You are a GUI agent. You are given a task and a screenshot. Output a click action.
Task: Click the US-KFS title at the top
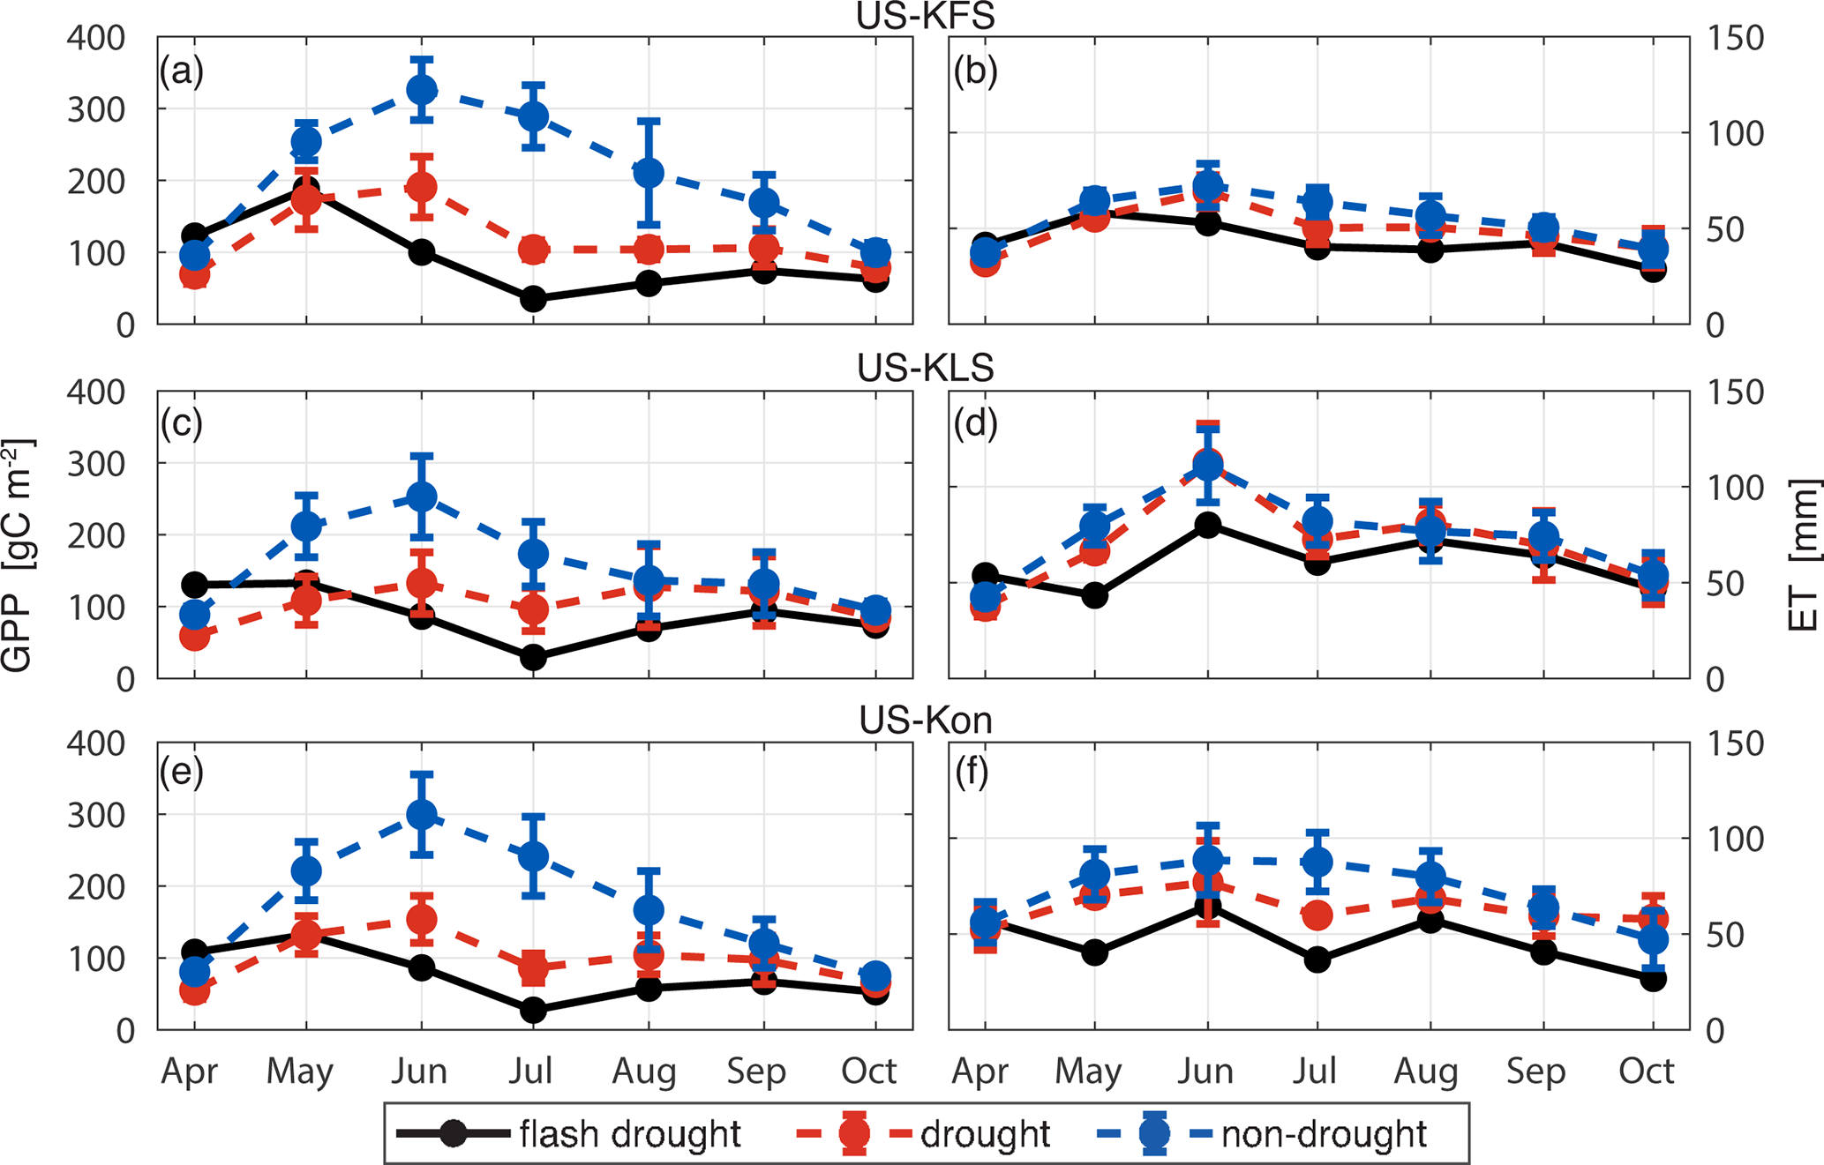(925, 16)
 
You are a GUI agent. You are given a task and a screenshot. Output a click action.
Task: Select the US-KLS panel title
(925, 367)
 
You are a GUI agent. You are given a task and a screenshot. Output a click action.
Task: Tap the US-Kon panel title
(925, 721)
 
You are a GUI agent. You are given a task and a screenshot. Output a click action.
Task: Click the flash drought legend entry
(629, 1134)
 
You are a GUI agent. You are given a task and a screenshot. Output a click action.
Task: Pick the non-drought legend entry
(1323, 1134)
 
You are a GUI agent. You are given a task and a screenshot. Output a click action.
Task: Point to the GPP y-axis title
(18, 556)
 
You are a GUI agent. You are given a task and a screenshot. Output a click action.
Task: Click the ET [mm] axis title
(1804, 556)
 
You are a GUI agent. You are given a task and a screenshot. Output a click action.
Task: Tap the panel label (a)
(182, 71)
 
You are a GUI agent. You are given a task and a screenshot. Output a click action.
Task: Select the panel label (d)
(975, 424)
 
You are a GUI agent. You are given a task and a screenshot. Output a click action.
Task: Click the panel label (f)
(972, 773)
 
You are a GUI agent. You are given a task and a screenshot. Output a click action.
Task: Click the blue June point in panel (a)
(422, 89)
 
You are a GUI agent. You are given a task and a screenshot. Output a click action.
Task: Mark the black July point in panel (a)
(533, 299)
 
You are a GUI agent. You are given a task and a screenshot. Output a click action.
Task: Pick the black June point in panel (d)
(1207, 526)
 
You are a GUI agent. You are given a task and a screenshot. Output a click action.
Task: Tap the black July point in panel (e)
(533, 1010)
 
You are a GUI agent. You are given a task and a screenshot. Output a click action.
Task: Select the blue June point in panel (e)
(422, 814)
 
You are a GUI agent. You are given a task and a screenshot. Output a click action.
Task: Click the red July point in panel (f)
(1317, 915)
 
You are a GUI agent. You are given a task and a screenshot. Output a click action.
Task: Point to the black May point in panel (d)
(1094, 595)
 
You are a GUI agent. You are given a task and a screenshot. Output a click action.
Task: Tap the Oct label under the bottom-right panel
(1646, 1071)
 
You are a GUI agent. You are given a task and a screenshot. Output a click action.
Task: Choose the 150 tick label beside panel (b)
(1735, 39)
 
